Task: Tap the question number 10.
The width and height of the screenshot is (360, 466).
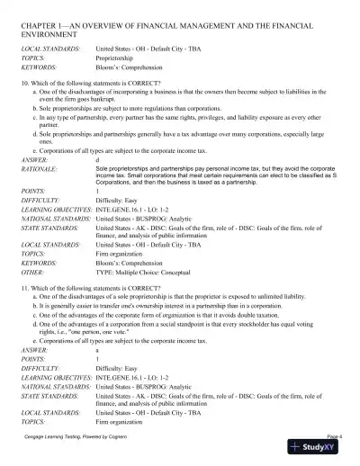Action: point(26,82)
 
